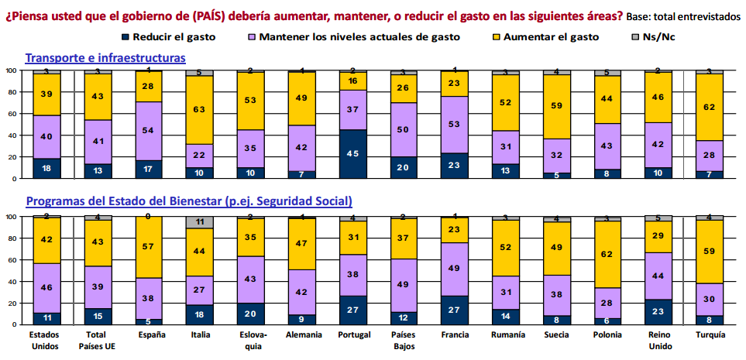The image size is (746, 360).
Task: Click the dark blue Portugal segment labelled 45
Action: [352, 153]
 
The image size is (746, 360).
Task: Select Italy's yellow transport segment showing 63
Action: [199, 110]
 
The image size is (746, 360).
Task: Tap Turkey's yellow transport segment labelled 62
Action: [709, 107]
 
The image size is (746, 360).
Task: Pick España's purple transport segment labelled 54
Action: [148, 108]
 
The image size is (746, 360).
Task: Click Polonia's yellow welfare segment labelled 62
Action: [607, 254]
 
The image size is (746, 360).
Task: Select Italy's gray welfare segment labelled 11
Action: [199, 222]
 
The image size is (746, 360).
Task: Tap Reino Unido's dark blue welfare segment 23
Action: [658, 310]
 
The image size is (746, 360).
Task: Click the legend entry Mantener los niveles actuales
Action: [352, 36]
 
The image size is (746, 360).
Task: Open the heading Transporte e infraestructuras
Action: [105, 57]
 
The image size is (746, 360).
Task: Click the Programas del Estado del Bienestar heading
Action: [190, 201]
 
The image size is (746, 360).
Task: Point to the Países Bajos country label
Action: [404, 341]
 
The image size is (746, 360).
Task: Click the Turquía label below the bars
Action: [709, 334]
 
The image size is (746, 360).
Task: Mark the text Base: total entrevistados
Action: [684, 15]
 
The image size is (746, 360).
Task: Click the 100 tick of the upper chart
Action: [11, 70]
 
